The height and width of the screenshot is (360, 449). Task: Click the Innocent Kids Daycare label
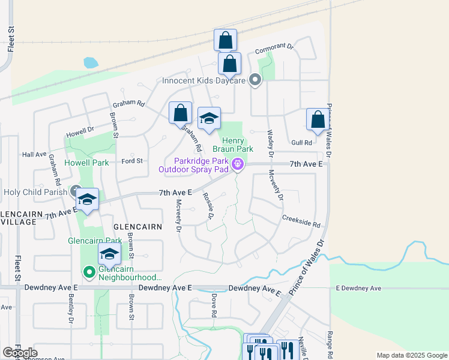[204, 80]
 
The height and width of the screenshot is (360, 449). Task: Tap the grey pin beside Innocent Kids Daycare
[255, 80]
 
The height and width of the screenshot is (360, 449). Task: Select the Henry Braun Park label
[232, 144]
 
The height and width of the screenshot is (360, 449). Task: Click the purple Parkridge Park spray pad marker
[238, 163]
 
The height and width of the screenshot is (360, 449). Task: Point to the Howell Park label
[87, 163]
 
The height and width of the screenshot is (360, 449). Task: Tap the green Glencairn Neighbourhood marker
[89, 273]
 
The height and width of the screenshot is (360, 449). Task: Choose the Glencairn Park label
[91, 241]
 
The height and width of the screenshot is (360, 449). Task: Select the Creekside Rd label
[301, 223]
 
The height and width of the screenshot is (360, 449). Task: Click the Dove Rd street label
[214, 305]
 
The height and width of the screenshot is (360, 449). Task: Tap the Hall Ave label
[34, 154]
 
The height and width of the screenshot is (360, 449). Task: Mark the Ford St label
[131, 161]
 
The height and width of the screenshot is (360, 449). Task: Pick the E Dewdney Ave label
[358, 289]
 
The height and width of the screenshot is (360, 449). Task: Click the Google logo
[20, 353]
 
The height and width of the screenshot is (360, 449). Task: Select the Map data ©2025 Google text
[412, 355]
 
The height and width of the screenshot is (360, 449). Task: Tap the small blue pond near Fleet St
[90, 62]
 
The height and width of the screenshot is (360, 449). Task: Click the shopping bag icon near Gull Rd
[318, 119]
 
